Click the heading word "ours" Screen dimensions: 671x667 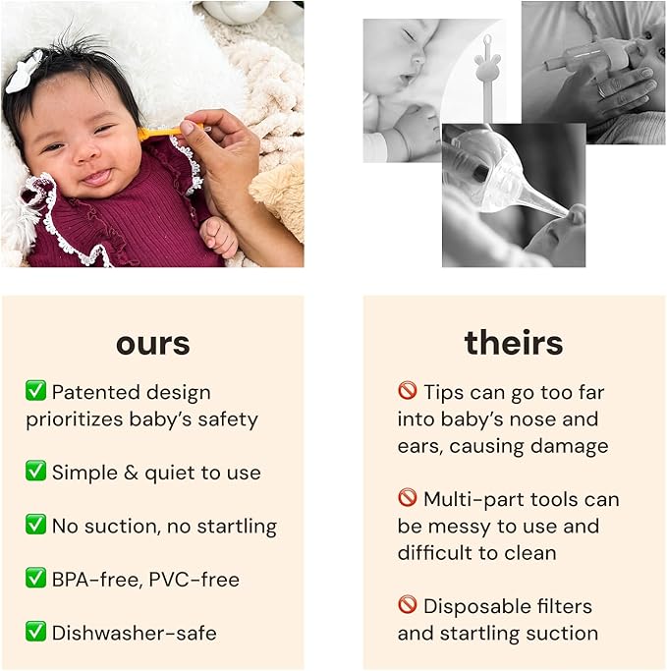(152, 344)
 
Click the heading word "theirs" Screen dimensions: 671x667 (513, 343)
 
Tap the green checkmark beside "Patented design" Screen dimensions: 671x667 (36, 392)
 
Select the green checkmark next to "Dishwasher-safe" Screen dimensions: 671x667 (36, 632)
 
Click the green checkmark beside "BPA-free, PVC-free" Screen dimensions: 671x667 (36, 578)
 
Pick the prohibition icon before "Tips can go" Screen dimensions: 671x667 (408, 392)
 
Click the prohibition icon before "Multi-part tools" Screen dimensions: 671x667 (408, 498)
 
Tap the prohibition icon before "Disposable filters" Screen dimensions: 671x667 (408, 605)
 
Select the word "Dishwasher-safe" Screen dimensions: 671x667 (134, 633)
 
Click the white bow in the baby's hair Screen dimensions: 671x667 (26, 73)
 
